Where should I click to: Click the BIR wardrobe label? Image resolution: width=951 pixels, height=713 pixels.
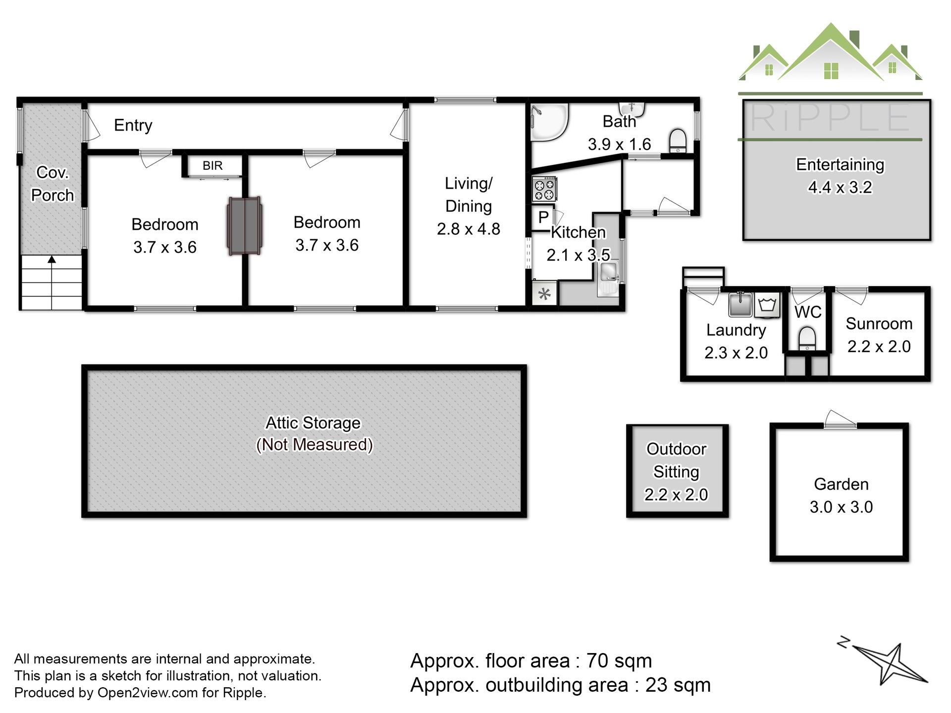click(x=212, y=165)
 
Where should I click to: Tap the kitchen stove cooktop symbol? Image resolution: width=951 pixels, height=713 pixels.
click(x=544, y=189)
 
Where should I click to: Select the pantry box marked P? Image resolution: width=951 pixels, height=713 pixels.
click(x=542, y=217)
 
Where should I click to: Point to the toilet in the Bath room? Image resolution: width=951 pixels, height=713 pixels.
click(x=677, y=140)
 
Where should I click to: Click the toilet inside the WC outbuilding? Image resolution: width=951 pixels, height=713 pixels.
click(x=807, y=339)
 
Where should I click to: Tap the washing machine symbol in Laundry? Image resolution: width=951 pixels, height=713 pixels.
click(x=767, y=304)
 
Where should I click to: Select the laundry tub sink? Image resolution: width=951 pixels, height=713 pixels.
click(x=740, y=304)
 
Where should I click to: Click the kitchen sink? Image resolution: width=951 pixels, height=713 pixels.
click(x=608, y=279)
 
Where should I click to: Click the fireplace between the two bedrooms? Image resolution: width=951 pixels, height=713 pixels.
click(x=245, y=226)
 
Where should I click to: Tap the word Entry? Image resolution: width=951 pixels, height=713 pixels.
click(x=133, y=125)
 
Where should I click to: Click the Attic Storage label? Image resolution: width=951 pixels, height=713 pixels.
click(x=313, y=423)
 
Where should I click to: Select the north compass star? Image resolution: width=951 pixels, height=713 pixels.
click(x=890, y=663)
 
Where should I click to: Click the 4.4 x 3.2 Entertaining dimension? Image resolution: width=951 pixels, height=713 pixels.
click(x=840, y=187)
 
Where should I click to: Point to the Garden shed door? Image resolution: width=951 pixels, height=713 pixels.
click(x=840, y=419)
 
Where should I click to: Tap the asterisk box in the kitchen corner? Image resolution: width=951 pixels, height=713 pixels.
click(x=544, y=294)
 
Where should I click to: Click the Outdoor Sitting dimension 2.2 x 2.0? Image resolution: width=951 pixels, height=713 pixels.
click(x=676, y=495)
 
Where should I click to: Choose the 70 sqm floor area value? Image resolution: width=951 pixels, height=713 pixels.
click(x=619, y=661)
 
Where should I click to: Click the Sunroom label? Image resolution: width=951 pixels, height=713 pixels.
click(x=879, y=323)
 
